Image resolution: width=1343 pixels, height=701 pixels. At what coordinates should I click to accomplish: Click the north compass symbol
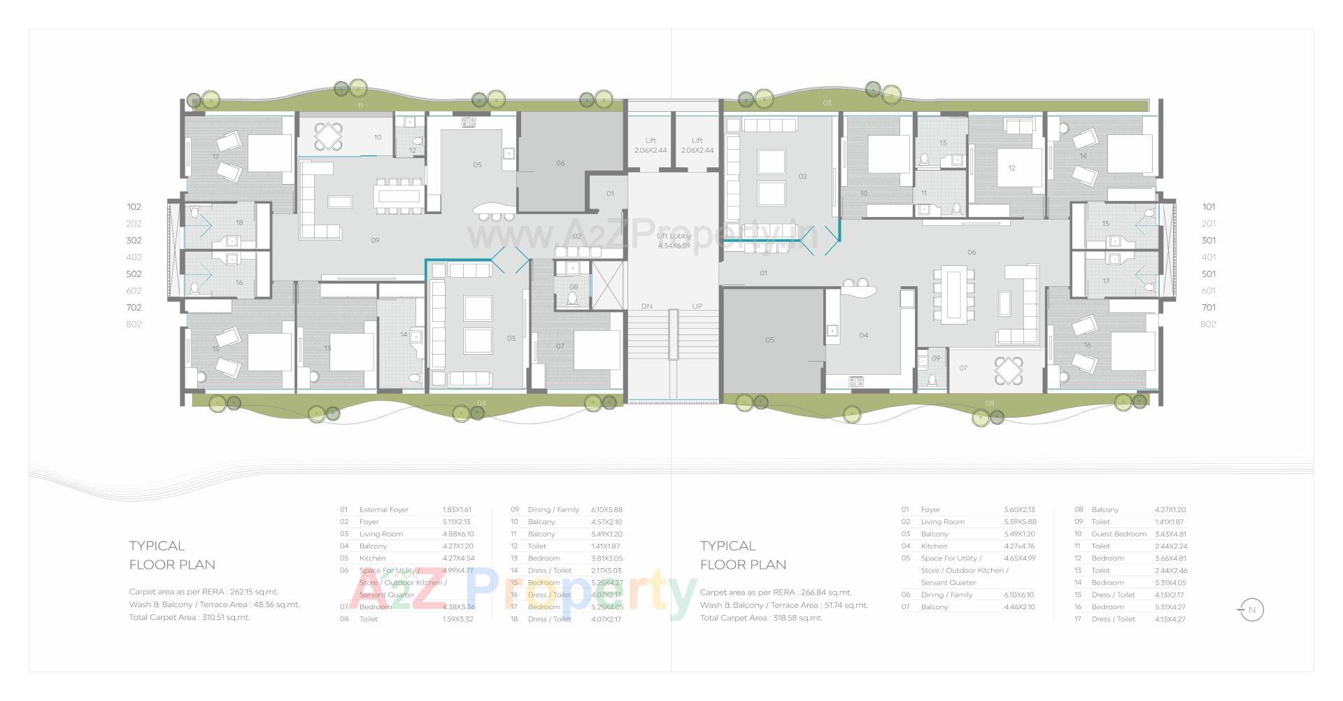tap(1251, 610)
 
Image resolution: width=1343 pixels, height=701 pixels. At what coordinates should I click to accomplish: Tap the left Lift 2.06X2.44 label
tap(651, 146)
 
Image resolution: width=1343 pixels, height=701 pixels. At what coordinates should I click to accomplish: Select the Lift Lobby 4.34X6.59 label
tap(674, 241)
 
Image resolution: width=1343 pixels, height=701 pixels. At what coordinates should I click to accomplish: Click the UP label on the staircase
tap(697, 306)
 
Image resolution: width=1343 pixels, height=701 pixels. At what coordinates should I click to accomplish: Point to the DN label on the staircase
tap(647, 306)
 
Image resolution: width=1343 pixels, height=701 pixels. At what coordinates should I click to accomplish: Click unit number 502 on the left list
tap(134, 274)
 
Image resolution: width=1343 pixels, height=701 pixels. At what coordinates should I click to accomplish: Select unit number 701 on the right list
tap(1209, 307)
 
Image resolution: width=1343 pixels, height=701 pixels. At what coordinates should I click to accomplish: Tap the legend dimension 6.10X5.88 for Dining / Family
tap(606, 510)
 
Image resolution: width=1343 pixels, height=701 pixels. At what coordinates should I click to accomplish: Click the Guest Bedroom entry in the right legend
tap(1118, 534)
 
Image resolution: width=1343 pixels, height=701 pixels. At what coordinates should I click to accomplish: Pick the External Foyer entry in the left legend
tap(383, 510)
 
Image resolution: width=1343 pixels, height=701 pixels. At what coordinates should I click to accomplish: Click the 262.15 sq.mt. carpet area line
tap(204, 592)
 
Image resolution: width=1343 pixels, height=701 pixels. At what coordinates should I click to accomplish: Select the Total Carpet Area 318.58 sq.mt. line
tap(761, 618)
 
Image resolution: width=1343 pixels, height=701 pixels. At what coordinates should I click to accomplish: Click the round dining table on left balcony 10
tap(328, 136)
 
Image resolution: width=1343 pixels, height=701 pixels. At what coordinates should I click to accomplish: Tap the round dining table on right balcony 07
tap(1009, 371)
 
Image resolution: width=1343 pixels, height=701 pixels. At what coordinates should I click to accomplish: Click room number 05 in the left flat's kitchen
tap(477, 165)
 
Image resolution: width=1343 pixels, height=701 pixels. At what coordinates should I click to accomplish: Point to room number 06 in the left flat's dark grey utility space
tap(560, 163)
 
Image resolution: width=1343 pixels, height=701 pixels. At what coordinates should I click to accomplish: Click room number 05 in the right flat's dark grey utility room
tap(769, 340)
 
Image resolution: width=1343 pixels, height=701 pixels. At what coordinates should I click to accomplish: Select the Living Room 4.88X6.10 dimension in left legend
tap(457, 534)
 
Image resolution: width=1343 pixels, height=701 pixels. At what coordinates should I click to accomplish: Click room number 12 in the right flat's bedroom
tap(1011, 168)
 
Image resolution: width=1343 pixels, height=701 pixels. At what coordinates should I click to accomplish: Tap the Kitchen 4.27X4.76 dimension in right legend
tap(1019, 546)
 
